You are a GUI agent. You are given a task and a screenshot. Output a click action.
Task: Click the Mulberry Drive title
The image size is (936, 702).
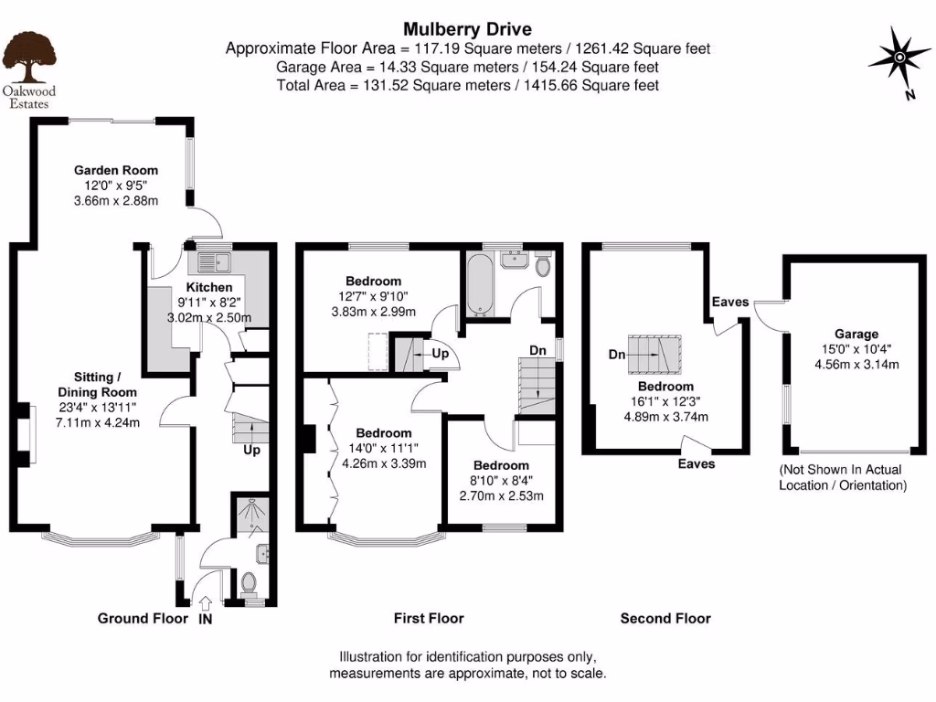pyautogui.click(x=467, y=29)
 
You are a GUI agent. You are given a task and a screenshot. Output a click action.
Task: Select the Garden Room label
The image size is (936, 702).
pyautogui.click(x=116, y=170)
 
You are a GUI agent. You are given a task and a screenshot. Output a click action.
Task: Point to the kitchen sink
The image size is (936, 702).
pyautogui.click(x=212, y=262)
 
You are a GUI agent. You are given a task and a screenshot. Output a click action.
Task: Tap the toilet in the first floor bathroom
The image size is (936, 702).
pyautogui.click(x=543, y=265)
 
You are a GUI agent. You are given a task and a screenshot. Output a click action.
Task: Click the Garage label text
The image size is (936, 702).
pyautogui.click(x=856, y=335)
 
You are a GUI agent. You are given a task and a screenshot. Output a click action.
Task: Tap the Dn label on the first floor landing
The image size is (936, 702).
pyautogui.click(x=539, y=351)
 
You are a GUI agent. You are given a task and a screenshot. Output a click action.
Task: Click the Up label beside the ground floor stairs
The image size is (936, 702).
pyautogui.click(x=251, y=451)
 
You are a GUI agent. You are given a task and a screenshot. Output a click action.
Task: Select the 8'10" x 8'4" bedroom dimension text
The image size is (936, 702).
pyautogui.click(x=501, y=481)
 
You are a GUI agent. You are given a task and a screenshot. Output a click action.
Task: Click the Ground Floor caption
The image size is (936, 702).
pyautogui.click(x=143, y=619)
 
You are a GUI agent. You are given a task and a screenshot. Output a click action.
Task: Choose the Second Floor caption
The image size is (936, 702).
pyautogui.click(x=665, y=619)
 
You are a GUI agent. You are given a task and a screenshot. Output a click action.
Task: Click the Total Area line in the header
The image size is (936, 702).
pyautogui.click(x=467, y=85)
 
